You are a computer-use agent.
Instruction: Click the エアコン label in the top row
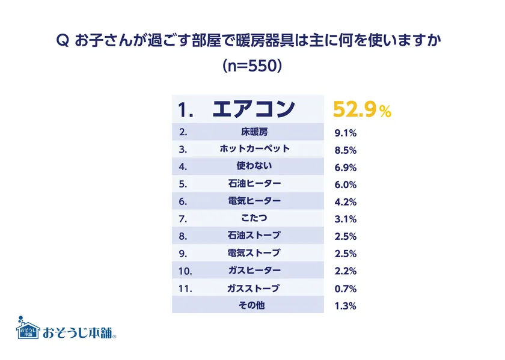[x=253, y=109]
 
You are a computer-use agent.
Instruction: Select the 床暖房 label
[x=252, y=132]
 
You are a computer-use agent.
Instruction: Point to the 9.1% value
[x=345, y=132]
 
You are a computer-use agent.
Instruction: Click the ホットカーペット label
[x=252, y=148]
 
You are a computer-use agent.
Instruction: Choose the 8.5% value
[x=345, y=149]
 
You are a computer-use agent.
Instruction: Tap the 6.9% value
[x=345, y=166]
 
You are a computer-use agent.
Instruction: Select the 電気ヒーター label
[x=252, y=201]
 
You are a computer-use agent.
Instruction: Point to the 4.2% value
[x=345, y=201]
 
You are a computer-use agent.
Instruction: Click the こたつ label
[x=252, y=218]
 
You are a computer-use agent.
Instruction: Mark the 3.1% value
[x=345, y=219]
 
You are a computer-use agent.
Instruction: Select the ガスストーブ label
[x=252, y=288]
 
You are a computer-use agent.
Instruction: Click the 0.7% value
[x=345, y=288]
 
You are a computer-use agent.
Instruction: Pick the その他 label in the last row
[x=252, y=305]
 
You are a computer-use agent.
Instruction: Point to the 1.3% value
[x=345, y=306]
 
